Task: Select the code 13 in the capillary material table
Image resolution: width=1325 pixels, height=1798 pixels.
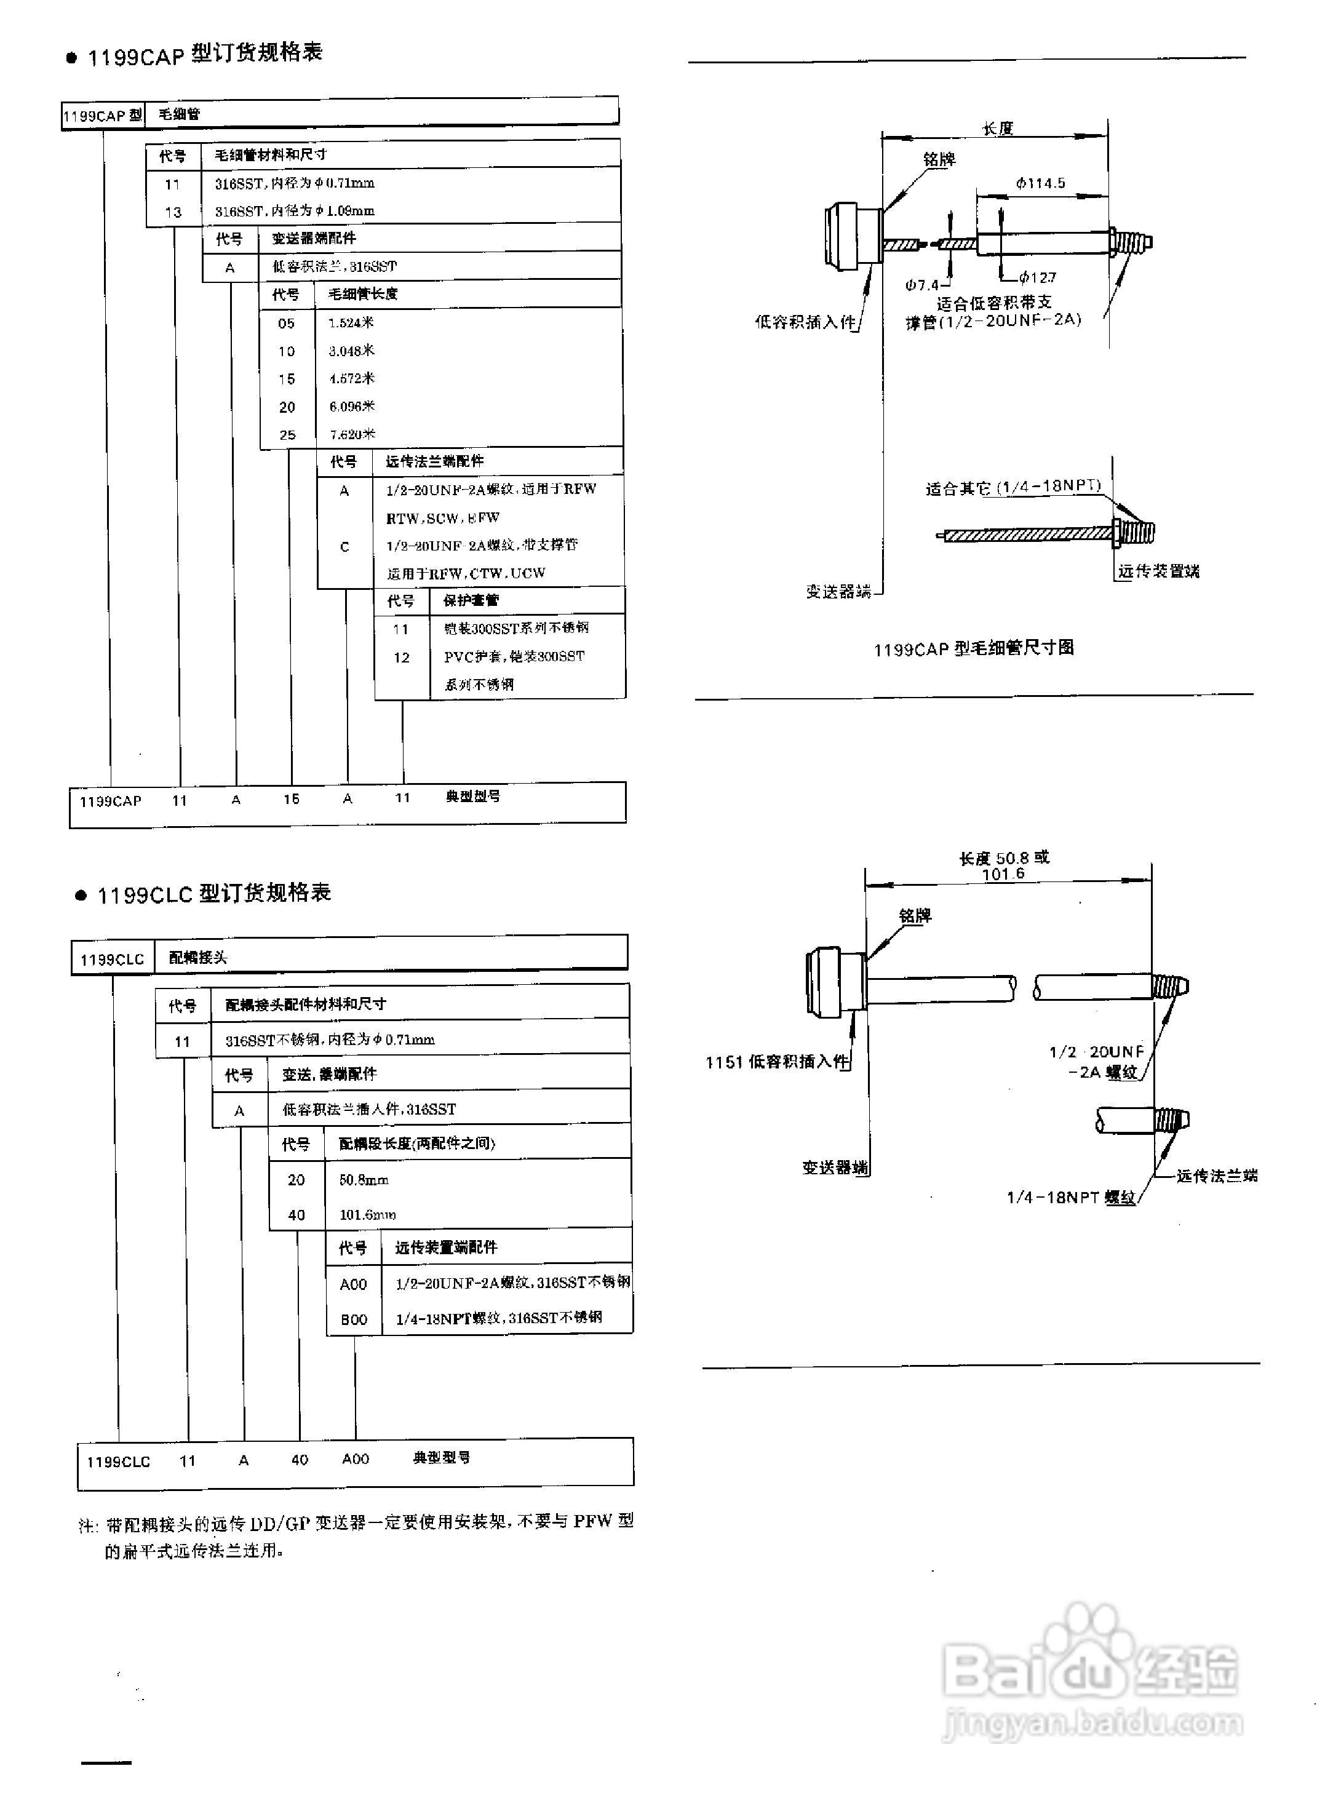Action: [x=173, y=212]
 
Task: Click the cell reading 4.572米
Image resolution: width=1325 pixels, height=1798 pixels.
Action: [x=351, y=378]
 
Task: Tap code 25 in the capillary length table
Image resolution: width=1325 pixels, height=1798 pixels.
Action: [x=287, y=435]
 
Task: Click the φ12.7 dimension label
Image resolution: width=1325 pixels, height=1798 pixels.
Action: [x=1038, y=277]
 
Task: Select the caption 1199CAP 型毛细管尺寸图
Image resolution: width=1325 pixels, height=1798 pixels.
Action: [x=973, y=648]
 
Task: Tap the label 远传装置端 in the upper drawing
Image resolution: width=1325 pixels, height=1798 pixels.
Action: [x=1158, y=571]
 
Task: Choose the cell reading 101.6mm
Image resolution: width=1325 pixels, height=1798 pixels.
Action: [x=367, y=1214]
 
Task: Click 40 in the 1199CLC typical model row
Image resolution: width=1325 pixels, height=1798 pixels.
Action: [x=299, y=1460]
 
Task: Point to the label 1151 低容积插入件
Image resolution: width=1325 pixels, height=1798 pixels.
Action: [x=776, y=1062]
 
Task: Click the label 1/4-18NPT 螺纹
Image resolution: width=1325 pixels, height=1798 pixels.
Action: [x=1071, y=1197]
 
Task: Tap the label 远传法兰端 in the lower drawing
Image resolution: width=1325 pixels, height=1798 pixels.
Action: [x=1216, y=1175]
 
